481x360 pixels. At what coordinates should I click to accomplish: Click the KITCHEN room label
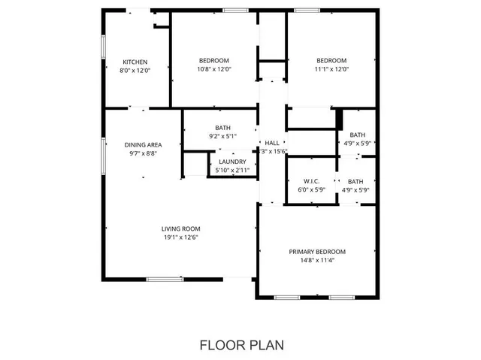click(135, 62)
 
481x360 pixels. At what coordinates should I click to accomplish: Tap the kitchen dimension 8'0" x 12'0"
click(135, 70)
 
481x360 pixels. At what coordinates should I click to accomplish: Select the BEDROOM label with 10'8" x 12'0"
click(214, 61)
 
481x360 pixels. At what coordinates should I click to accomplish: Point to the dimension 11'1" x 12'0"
click(331, 69)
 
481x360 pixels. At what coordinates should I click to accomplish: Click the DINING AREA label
click(143, 145)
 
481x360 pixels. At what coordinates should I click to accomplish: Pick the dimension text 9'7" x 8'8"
click(143, 153)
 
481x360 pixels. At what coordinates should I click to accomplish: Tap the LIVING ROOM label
click(180, 229)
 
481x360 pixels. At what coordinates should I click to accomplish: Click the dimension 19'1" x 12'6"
click(180, 237)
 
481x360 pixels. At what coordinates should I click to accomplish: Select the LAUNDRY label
click(232, 162)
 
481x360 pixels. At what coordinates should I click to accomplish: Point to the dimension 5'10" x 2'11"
click(232, 170)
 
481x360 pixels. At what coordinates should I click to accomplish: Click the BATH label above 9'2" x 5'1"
click(222, 128)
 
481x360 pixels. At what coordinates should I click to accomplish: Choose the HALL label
click(271, 143)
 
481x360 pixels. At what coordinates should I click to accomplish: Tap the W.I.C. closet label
click(313, 181)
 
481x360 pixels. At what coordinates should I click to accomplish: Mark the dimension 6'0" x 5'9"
click(313, 189)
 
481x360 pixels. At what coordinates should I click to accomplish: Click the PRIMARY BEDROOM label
click(317, 252)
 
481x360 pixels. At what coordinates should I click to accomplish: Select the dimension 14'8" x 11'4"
click(317, 260)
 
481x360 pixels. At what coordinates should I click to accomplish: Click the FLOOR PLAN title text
click(240, 345)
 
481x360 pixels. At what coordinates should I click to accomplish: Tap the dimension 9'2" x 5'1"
click(222, 136)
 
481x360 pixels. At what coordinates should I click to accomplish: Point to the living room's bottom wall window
click(165, 280)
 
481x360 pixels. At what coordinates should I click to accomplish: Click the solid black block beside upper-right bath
click(339, 119)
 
